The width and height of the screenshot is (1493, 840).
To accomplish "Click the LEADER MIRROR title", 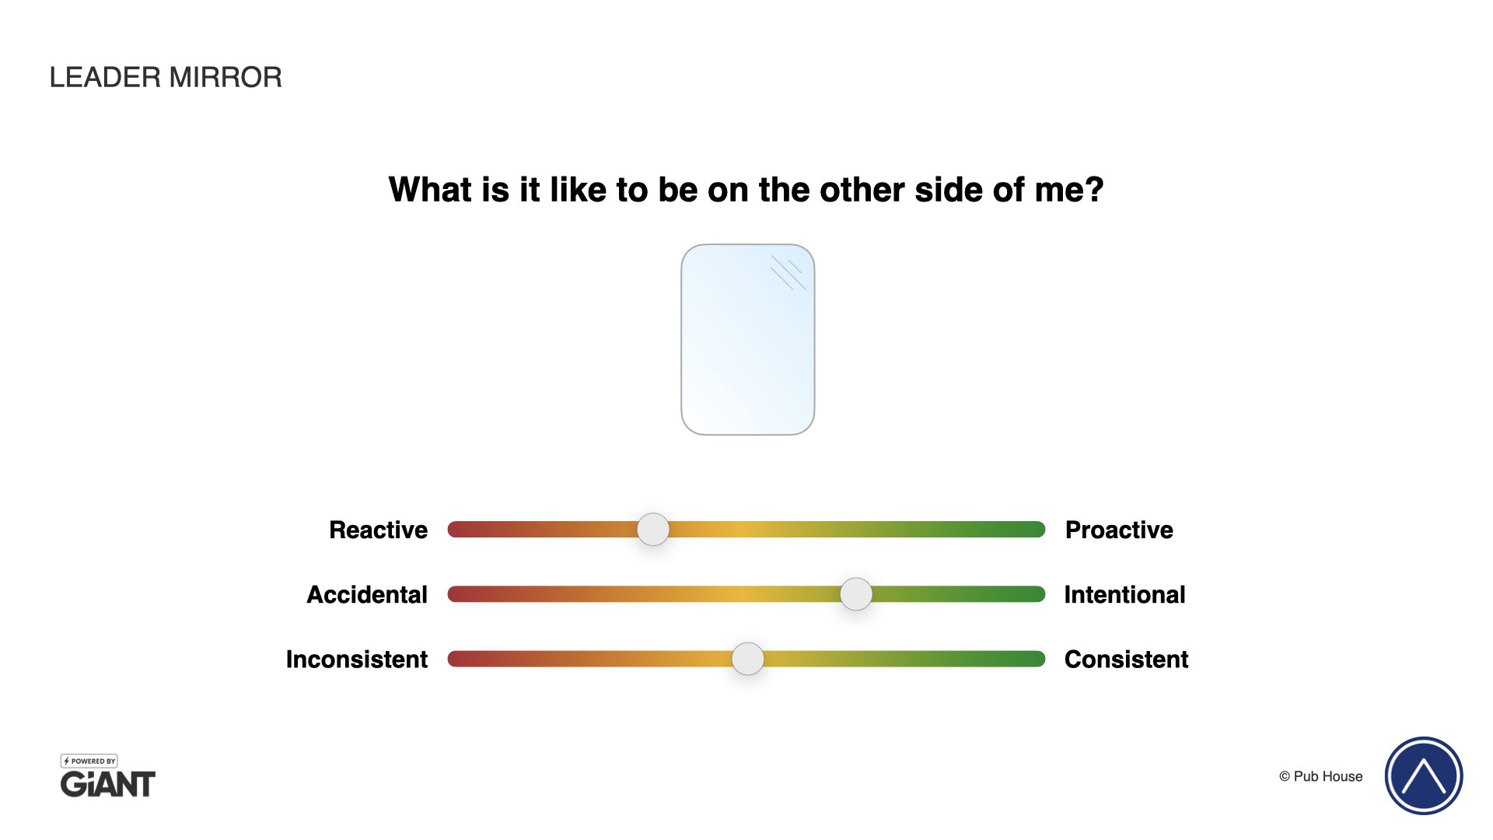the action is tap(166, 77).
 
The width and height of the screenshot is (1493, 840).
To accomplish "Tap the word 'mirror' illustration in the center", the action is tap(748, 340).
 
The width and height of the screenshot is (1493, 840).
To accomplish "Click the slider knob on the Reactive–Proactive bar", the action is tap(653, 530).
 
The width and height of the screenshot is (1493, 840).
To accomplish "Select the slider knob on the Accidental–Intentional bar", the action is tap(856, 594).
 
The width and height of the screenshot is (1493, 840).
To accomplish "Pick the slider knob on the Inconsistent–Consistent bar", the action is tap(748, 659).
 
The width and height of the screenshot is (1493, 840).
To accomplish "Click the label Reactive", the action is tap(379, 530).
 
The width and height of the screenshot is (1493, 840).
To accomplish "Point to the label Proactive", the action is tap(1119, 530).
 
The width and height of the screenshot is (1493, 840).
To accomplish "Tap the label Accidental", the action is tap(367, 594).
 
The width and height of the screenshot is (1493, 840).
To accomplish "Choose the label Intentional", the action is tap(1124, 594).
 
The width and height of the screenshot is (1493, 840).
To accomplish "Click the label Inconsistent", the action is tap(357, 659).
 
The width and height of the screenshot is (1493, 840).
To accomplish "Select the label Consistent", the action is tap(1127, 659).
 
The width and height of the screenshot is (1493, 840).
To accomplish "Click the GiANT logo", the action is tap(108, 784).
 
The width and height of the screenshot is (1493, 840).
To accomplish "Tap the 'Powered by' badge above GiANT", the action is tap(89, 761).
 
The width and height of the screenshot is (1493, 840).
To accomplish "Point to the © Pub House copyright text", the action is tap(1321, 776).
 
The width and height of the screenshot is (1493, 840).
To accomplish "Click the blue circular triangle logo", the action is tap(1424, 775).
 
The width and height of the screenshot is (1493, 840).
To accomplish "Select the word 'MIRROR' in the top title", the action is tap(226, 77).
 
